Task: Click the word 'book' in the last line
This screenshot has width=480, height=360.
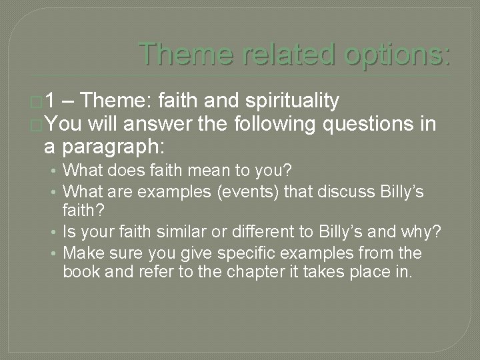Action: click(79, 272)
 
